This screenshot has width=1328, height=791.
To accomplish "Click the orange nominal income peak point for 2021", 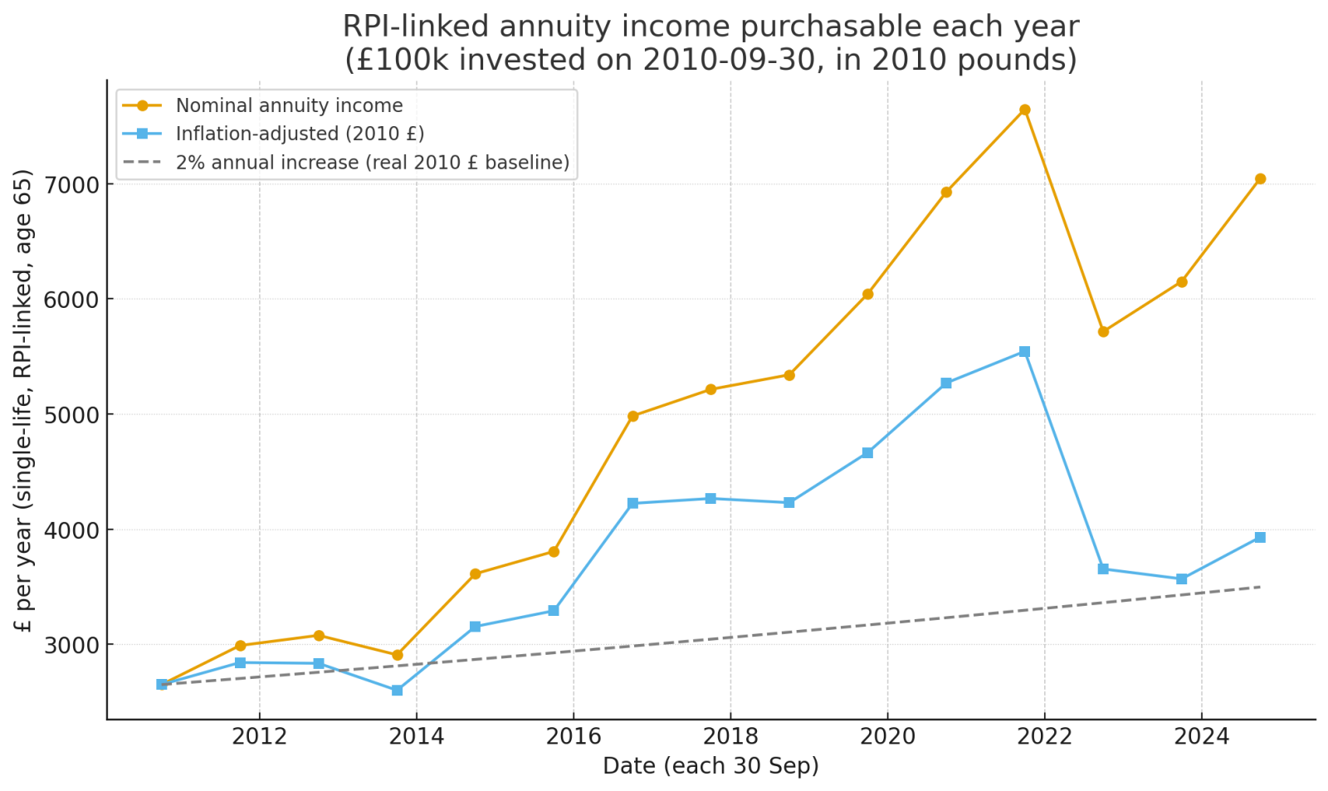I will point(1024,110).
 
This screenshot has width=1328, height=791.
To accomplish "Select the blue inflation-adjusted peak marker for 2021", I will point(1024,352).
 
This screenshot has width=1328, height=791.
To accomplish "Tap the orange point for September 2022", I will point(1103,331).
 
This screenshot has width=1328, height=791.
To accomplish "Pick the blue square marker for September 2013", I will point(397,691).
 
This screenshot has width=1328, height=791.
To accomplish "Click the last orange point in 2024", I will point(1260,178).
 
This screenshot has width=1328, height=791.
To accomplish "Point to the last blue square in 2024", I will point(1260,538).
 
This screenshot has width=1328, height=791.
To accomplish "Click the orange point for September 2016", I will point(632,416).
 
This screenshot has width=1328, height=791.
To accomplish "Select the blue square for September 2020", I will point(946,383).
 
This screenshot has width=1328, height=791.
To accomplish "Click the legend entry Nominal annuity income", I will point(289,106).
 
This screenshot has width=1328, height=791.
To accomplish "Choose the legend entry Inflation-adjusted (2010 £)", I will point(300,134).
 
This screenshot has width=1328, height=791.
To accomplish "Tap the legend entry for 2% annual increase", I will point(372,163).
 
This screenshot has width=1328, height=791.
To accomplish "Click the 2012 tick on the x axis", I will point(260,736).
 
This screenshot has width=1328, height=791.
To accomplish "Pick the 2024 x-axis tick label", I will point(1201,736).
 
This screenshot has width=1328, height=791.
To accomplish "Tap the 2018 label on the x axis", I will point(730,736).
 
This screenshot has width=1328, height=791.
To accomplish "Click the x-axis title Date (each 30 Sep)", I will point(710,766).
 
